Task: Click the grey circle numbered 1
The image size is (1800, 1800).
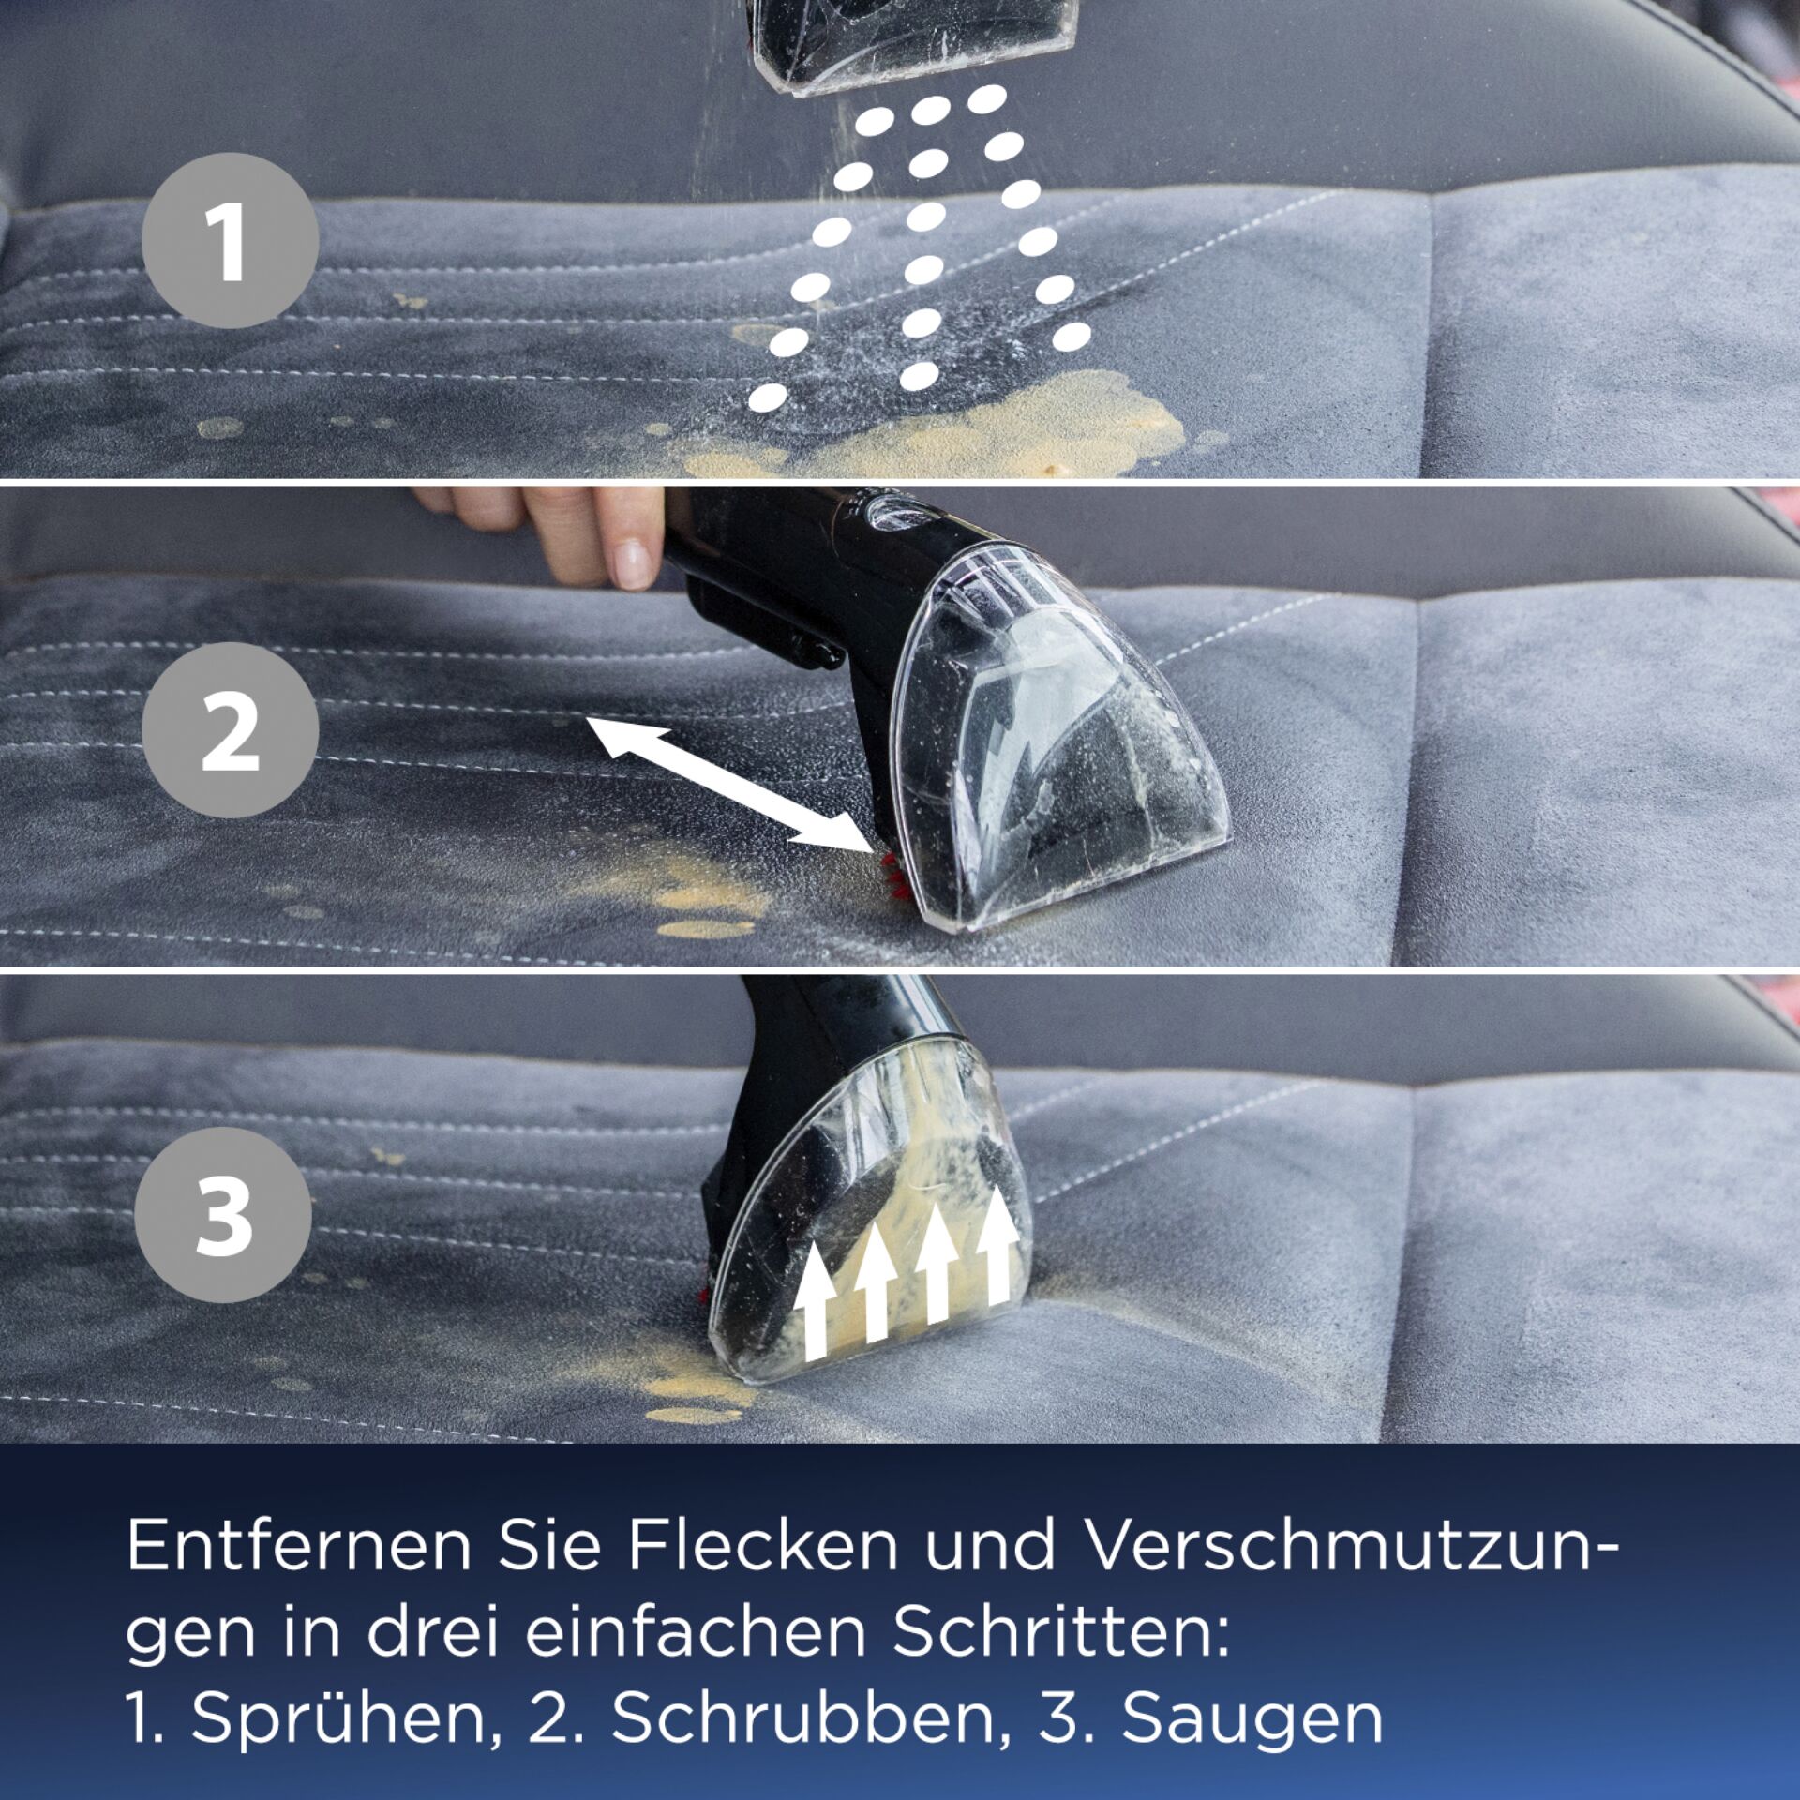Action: (231, 240)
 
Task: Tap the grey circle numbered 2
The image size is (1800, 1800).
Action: (231, 729)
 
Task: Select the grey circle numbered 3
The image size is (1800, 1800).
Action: (223, 1215)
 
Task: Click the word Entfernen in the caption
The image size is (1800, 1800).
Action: (299, 1545)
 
